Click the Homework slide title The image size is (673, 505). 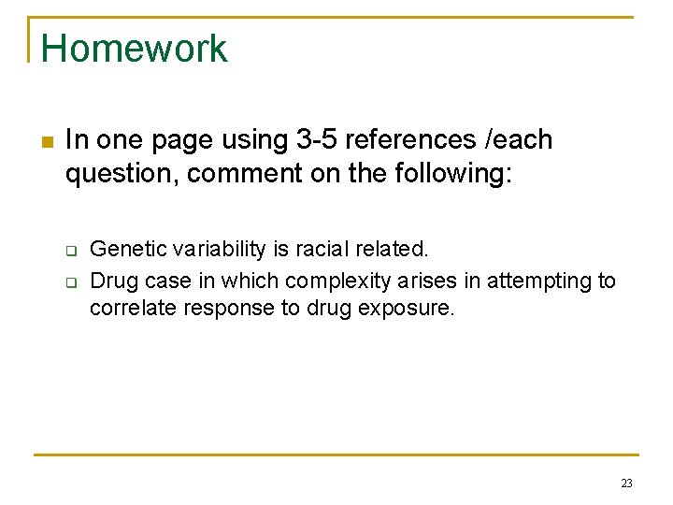[134, 49]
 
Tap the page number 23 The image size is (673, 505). [626, 483]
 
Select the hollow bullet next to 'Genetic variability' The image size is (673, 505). [70, 250]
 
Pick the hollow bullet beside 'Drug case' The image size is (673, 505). [70, 281]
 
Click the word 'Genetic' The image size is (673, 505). [122, 250]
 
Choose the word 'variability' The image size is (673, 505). [208, 250]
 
